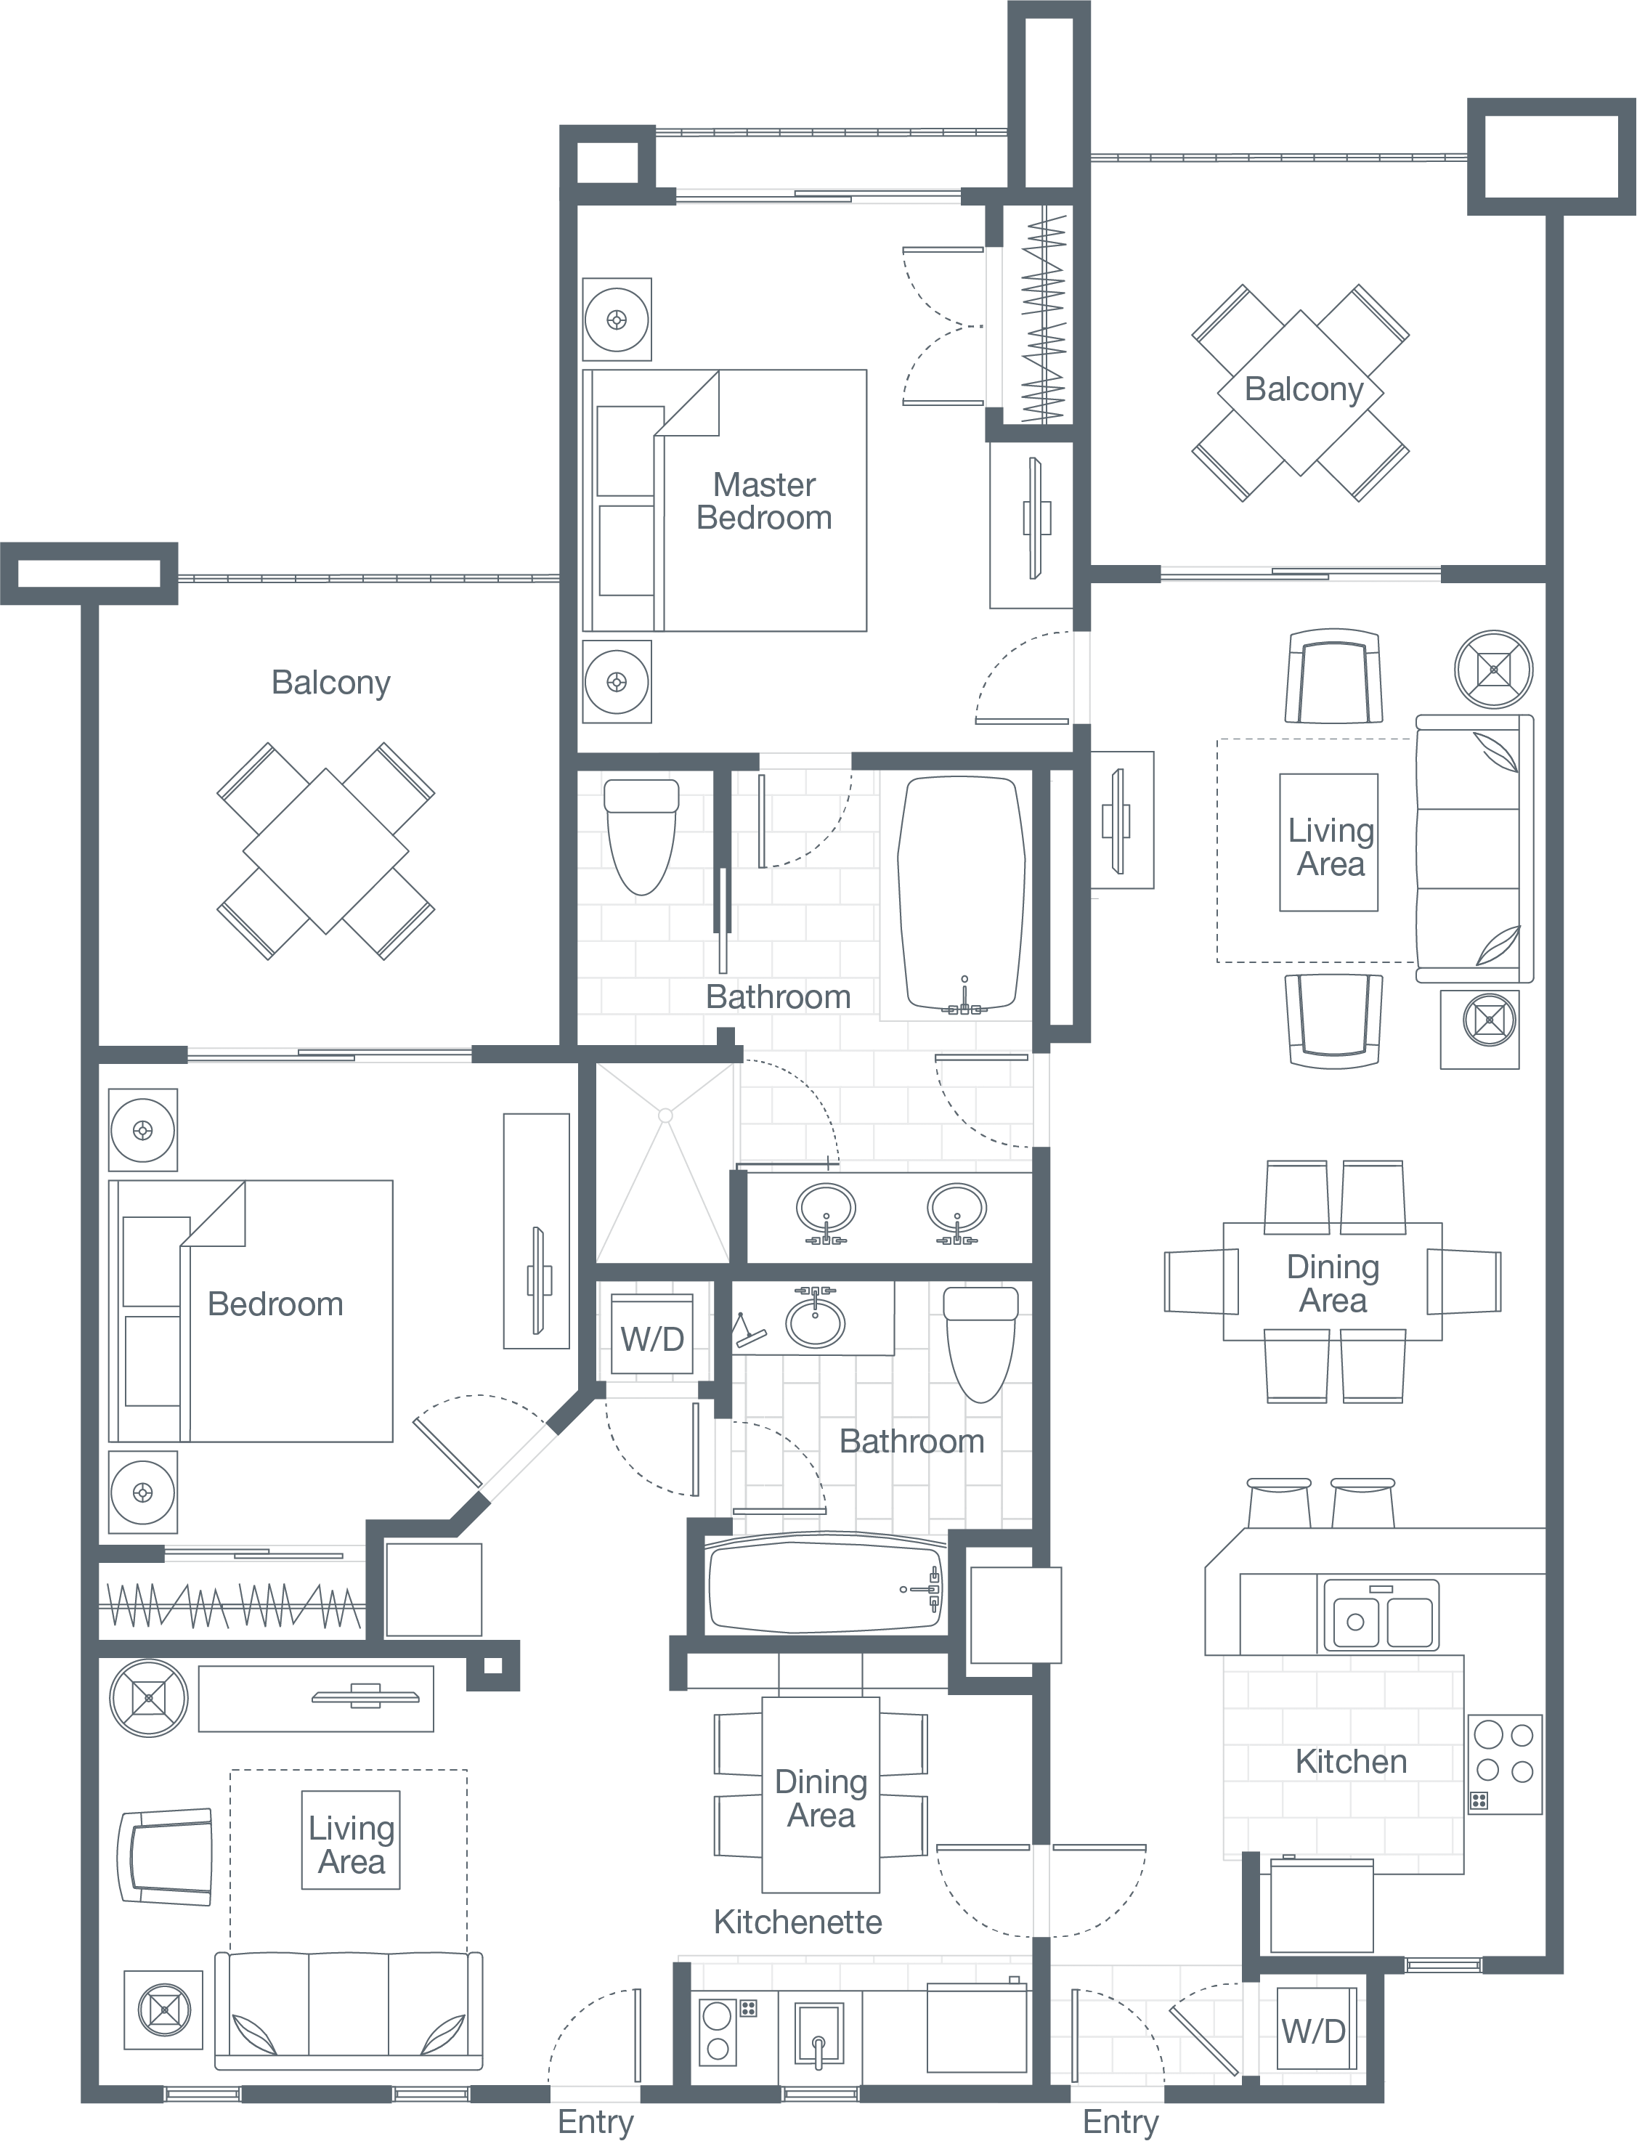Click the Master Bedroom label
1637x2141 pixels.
click(x=764, y=501)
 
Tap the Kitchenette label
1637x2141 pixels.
click(x=797, y=1922)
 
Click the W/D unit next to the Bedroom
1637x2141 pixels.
click(x=652, y=1337)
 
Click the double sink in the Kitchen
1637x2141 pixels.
click(x=1380, y=1614)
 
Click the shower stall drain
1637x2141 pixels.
click(x=665, y=1115)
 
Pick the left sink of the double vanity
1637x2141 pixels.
click(x=826, y=1209)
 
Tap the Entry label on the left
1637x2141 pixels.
click(x=596, y=2121)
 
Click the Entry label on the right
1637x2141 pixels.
click(x=1120, y=2121)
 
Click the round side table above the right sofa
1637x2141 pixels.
click(x=1492, y=670)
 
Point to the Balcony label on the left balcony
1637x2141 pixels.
click(x=330, y=682)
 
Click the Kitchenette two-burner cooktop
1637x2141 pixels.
click(x=718, y=2031)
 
